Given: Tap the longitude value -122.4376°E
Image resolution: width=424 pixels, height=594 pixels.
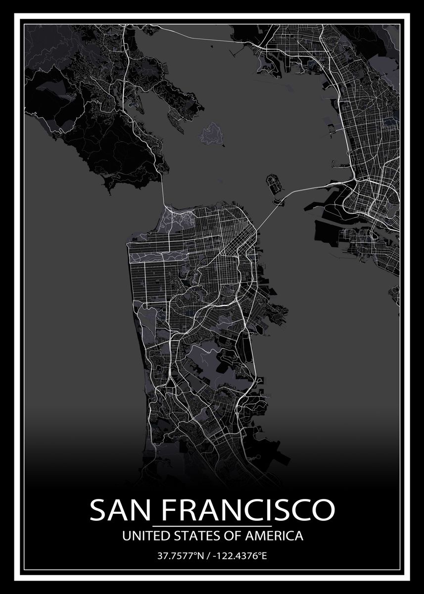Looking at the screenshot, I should tap(239, 556).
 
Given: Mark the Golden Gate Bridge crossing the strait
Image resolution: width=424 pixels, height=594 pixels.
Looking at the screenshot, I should tap(163, 193).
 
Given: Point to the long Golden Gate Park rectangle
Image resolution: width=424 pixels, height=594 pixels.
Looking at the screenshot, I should tap(158, 255).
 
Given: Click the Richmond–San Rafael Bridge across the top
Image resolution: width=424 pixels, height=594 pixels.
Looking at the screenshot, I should tap(198, 38).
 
